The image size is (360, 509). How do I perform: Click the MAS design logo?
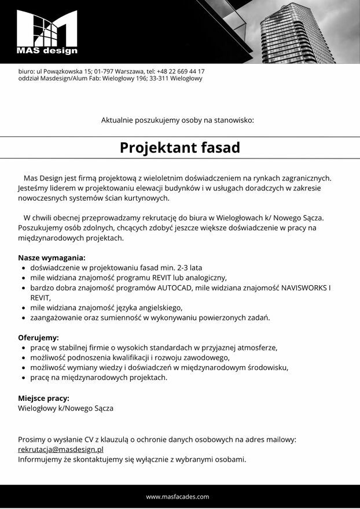click(47, 32)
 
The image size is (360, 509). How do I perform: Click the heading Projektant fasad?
click(179, 147)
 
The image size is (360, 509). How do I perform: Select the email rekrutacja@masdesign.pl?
click(60, 449)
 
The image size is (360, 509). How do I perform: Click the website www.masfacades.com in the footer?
click(178, 496)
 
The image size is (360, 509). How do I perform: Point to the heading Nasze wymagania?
click(52, 257)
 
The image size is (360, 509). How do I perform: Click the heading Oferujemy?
click(38, 337)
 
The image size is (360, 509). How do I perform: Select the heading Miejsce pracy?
click(43, 398)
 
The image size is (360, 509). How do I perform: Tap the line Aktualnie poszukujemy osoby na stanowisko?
click(178, 120)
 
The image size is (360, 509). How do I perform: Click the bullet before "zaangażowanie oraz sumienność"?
click(23, 318)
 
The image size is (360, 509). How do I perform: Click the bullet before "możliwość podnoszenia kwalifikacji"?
click(23, 357)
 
